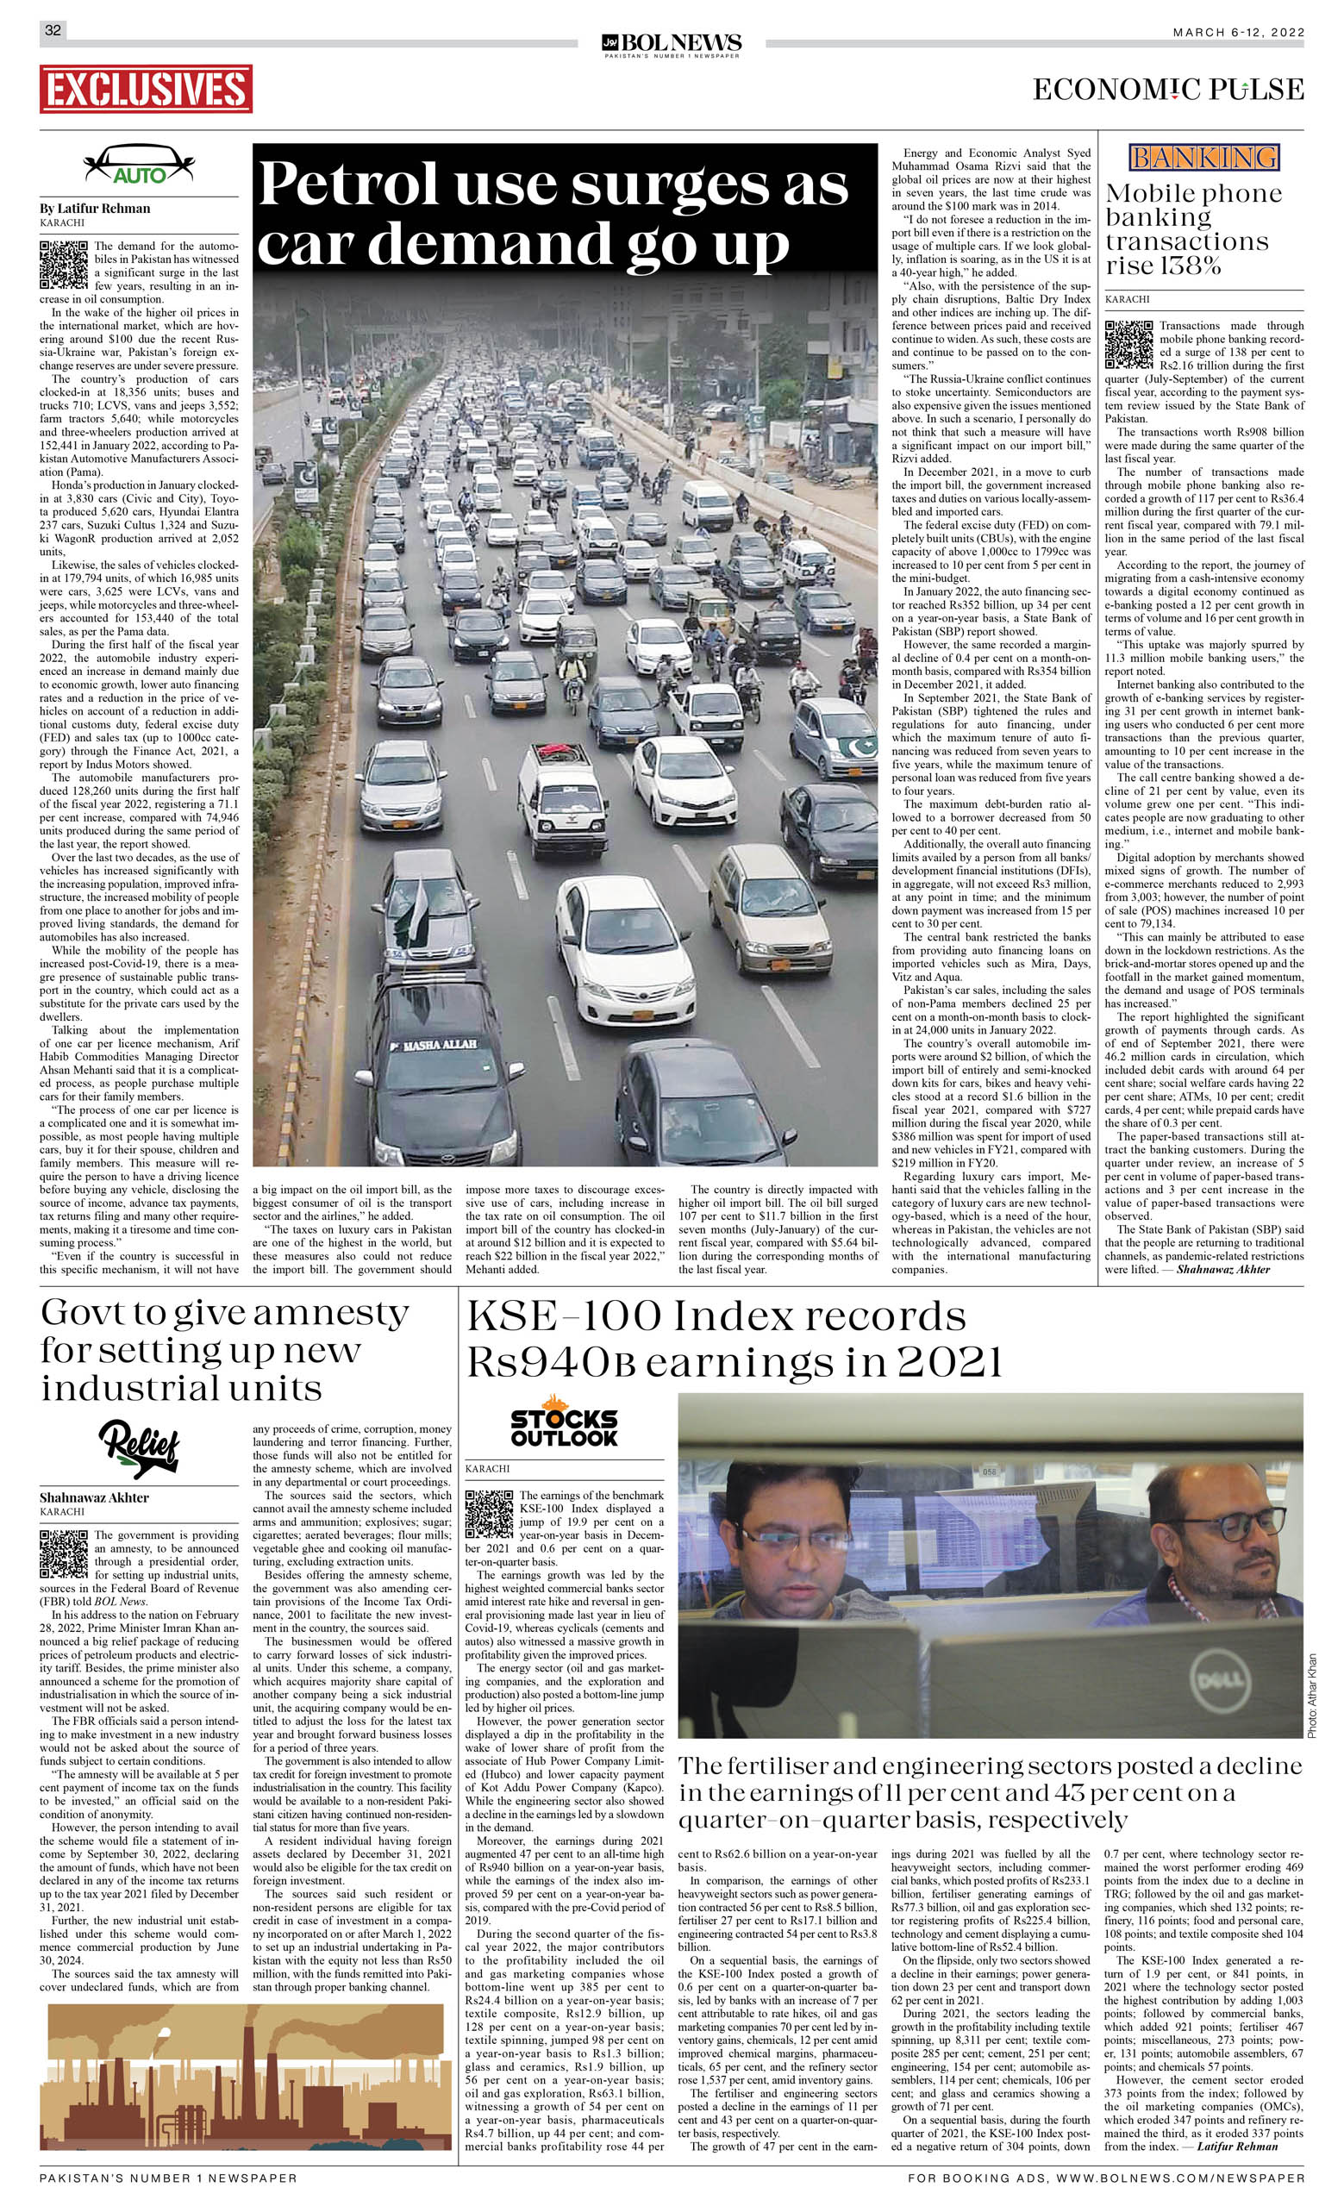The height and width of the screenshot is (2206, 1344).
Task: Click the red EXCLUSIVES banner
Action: click(x=145, y=89)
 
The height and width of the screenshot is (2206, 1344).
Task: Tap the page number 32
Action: click(x=53, y=30)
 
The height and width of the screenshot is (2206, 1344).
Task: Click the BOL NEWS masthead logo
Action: click(x=672, y=43)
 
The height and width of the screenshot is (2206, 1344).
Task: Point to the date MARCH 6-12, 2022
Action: click(x=1238, y=32)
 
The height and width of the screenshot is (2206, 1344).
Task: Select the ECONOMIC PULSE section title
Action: click(x=1167, y=90)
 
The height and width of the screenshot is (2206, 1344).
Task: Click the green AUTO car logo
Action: click(x=139, y=166)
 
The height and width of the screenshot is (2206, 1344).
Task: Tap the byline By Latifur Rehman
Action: click(x=95, y=209)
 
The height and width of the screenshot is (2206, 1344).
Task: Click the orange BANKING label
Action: click(x=1203, y=159)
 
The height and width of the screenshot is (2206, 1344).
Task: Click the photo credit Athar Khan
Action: click(x=1312, y=1695)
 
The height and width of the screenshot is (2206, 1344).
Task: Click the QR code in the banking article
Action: click(x=1128, y=345)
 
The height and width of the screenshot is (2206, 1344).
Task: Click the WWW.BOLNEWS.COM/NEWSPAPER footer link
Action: click(x=1180, y=2179)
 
